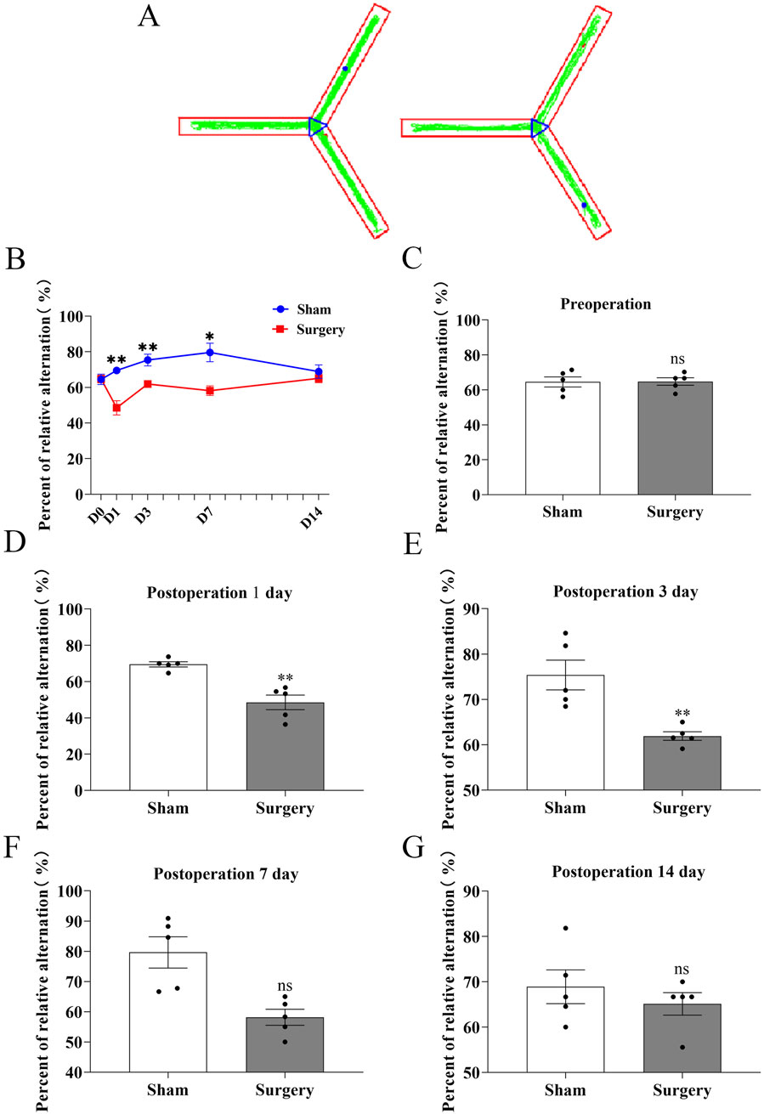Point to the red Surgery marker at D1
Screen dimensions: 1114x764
116,408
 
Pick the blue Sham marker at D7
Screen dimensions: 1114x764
209,353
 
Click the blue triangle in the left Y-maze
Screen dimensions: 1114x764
316,127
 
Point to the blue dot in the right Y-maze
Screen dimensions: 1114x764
584,205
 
